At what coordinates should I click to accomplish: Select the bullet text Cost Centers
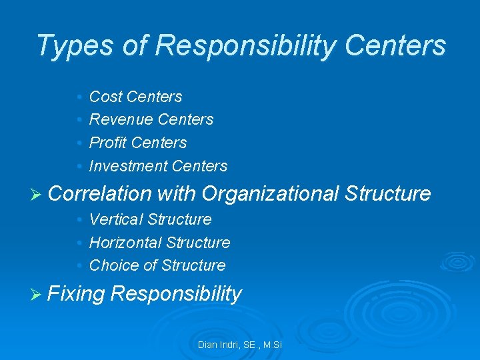[x=135, y=97]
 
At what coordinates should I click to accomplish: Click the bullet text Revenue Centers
[x=151, y=119]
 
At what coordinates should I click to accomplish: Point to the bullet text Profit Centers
[x=138, y=143]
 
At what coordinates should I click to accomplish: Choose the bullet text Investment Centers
[x=158, y=166]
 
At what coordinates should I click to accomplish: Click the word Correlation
[x=100, y=193]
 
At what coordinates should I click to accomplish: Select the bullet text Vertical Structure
[x=150, y=219]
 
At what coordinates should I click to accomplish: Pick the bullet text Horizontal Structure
[x=159, y=243]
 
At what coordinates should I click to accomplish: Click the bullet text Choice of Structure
[x=157, y=265]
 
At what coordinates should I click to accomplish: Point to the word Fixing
[x=77, y=293]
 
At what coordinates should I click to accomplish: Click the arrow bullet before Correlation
[x=37, y=194]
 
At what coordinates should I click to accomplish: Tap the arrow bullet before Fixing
[x=37, y=294]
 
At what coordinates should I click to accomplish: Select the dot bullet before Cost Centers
[x=79, y=97]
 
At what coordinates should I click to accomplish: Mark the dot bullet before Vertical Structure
[x=79, y=220]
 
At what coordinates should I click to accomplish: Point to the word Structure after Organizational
[x=388, y=193]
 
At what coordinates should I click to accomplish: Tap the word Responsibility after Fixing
[x=177, y=293]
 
